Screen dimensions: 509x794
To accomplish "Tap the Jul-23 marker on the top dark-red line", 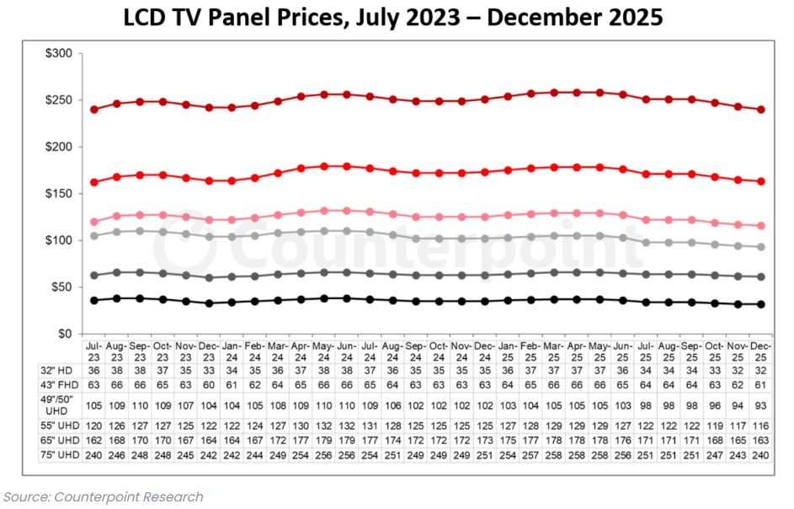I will click(x=93, y=110).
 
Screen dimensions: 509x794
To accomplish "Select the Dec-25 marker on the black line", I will click(x=761, y=304).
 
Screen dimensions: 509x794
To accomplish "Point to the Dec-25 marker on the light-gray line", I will click(x=761, y=247).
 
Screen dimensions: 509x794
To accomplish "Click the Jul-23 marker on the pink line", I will click(x=93, y=222).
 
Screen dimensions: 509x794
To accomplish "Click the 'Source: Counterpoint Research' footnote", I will click(x=104, y=497).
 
